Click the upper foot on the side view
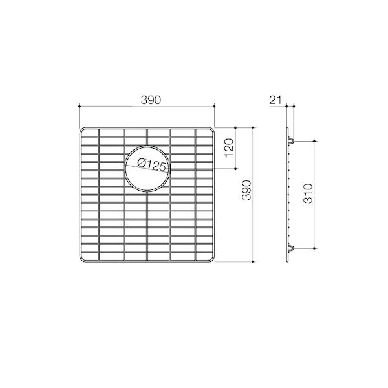[292, 140]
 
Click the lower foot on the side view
[292, 248]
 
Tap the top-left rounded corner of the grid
[82, 131]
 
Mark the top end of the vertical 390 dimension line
[252, 127]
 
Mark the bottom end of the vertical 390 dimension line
[252, 262]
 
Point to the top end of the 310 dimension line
[315, 140]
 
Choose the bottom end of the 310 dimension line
[315, 248]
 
